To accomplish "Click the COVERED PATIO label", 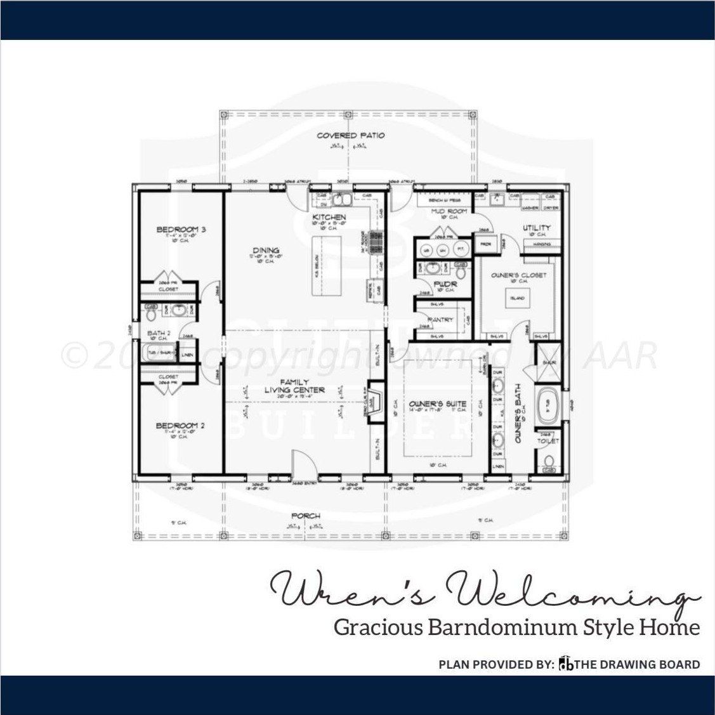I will [350, 135].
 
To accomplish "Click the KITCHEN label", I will [329, 218].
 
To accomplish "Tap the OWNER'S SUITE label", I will [447, 403].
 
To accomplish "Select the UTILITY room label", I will [536, 227].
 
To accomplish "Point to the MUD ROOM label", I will [449, 211].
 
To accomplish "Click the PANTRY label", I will [441, 320].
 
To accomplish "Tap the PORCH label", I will [306, 516].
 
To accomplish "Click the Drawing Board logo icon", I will [564, 664].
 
